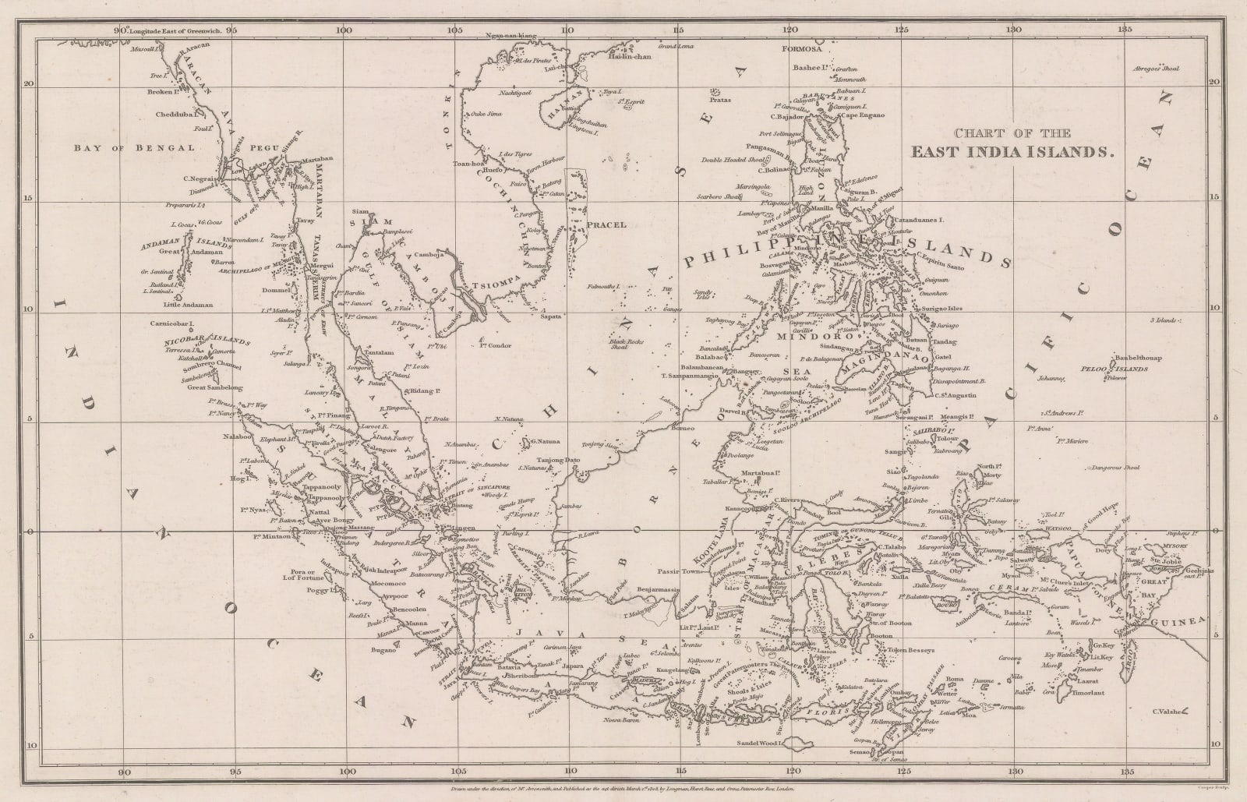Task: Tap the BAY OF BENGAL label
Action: (134, 147)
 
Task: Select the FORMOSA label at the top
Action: (803, 48)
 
